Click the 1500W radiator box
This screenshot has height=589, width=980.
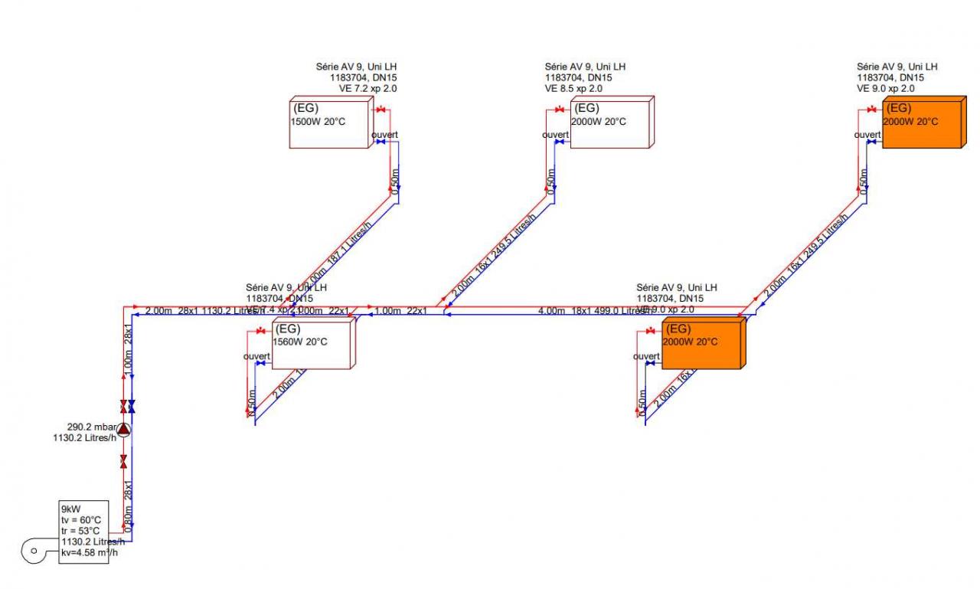click(329, 123)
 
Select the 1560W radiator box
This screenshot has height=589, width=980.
click(314, 345)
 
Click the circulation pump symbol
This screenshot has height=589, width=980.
click(124, 430)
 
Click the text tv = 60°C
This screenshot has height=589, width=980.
click(80, 519)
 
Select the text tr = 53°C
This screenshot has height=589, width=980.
click(80, 530)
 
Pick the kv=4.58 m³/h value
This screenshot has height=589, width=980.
click(85, 553)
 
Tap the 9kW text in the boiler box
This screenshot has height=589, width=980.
click(70, 508)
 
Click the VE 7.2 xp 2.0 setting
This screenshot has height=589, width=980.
click(357, 89)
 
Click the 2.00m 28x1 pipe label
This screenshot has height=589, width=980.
click(172, 311)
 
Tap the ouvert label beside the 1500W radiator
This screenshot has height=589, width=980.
click(385, 136)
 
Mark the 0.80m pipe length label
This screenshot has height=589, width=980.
click(129, 521)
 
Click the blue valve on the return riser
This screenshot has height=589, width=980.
click(132, 405)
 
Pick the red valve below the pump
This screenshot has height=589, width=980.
click(124, 462)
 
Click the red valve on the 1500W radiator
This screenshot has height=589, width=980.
click(381, 110)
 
